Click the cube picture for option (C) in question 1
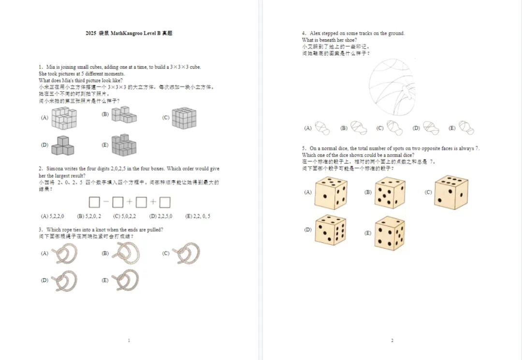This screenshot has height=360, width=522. pos(184,118)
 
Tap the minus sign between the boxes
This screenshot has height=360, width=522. pos(106,202)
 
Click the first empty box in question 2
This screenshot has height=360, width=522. pos(94,202)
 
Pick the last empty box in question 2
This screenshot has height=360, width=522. pos(165,202)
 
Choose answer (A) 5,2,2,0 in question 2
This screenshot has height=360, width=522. pos(53,216)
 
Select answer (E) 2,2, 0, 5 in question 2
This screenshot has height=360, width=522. pos(198,216)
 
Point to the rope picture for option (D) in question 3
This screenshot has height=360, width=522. pos(65,281)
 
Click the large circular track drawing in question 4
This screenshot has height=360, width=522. pos(391,87)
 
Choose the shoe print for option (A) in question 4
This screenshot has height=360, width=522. pos(322,128)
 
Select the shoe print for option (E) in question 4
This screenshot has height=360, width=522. pos(466,128)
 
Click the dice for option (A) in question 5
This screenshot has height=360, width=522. pos(331,192)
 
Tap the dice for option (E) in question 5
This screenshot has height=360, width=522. pos(390,233)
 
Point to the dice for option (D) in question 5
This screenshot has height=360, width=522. pos(330,230)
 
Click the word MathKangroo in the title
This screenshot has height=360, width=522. pos(127,33)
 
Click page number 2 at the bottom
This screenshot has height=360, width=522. pos(392,341)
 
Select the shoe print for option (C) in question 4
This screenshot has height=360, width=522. pos(394,128)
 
